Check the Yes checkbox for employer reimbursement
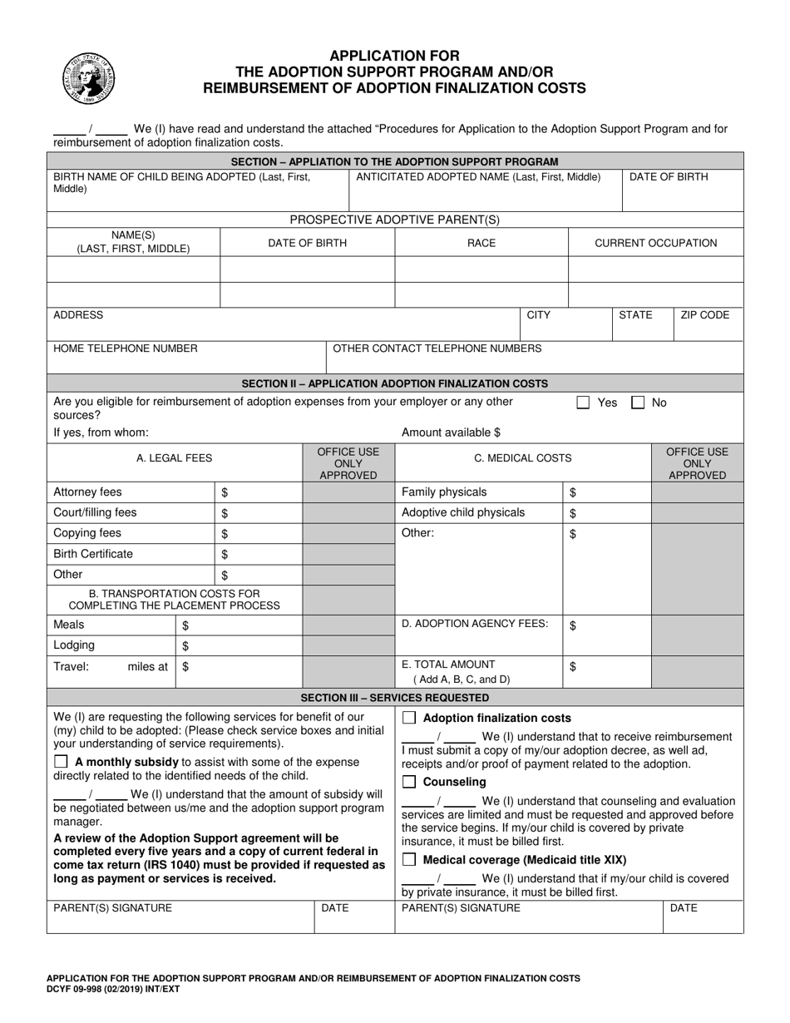584,403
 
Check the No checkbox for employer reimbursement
638,403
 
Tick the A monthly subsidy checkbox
62,762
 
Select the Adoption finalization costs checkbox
409,718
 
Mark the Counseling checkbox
409,782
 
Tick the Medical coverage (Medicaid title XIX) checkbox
409,860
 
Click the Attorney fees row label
87,492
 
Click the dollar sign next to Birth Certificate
225,555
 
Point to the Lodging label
74,645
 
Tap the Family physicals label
444,492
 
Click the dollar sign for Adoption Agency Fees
573,626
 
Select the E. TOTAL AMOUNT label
448,665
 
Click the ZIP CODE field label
704,315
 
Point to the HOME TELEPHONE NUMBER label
126,348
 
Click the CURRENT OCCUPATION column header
655,243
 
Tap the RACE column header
481,243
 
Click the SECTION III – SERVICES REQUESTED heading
395,698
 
